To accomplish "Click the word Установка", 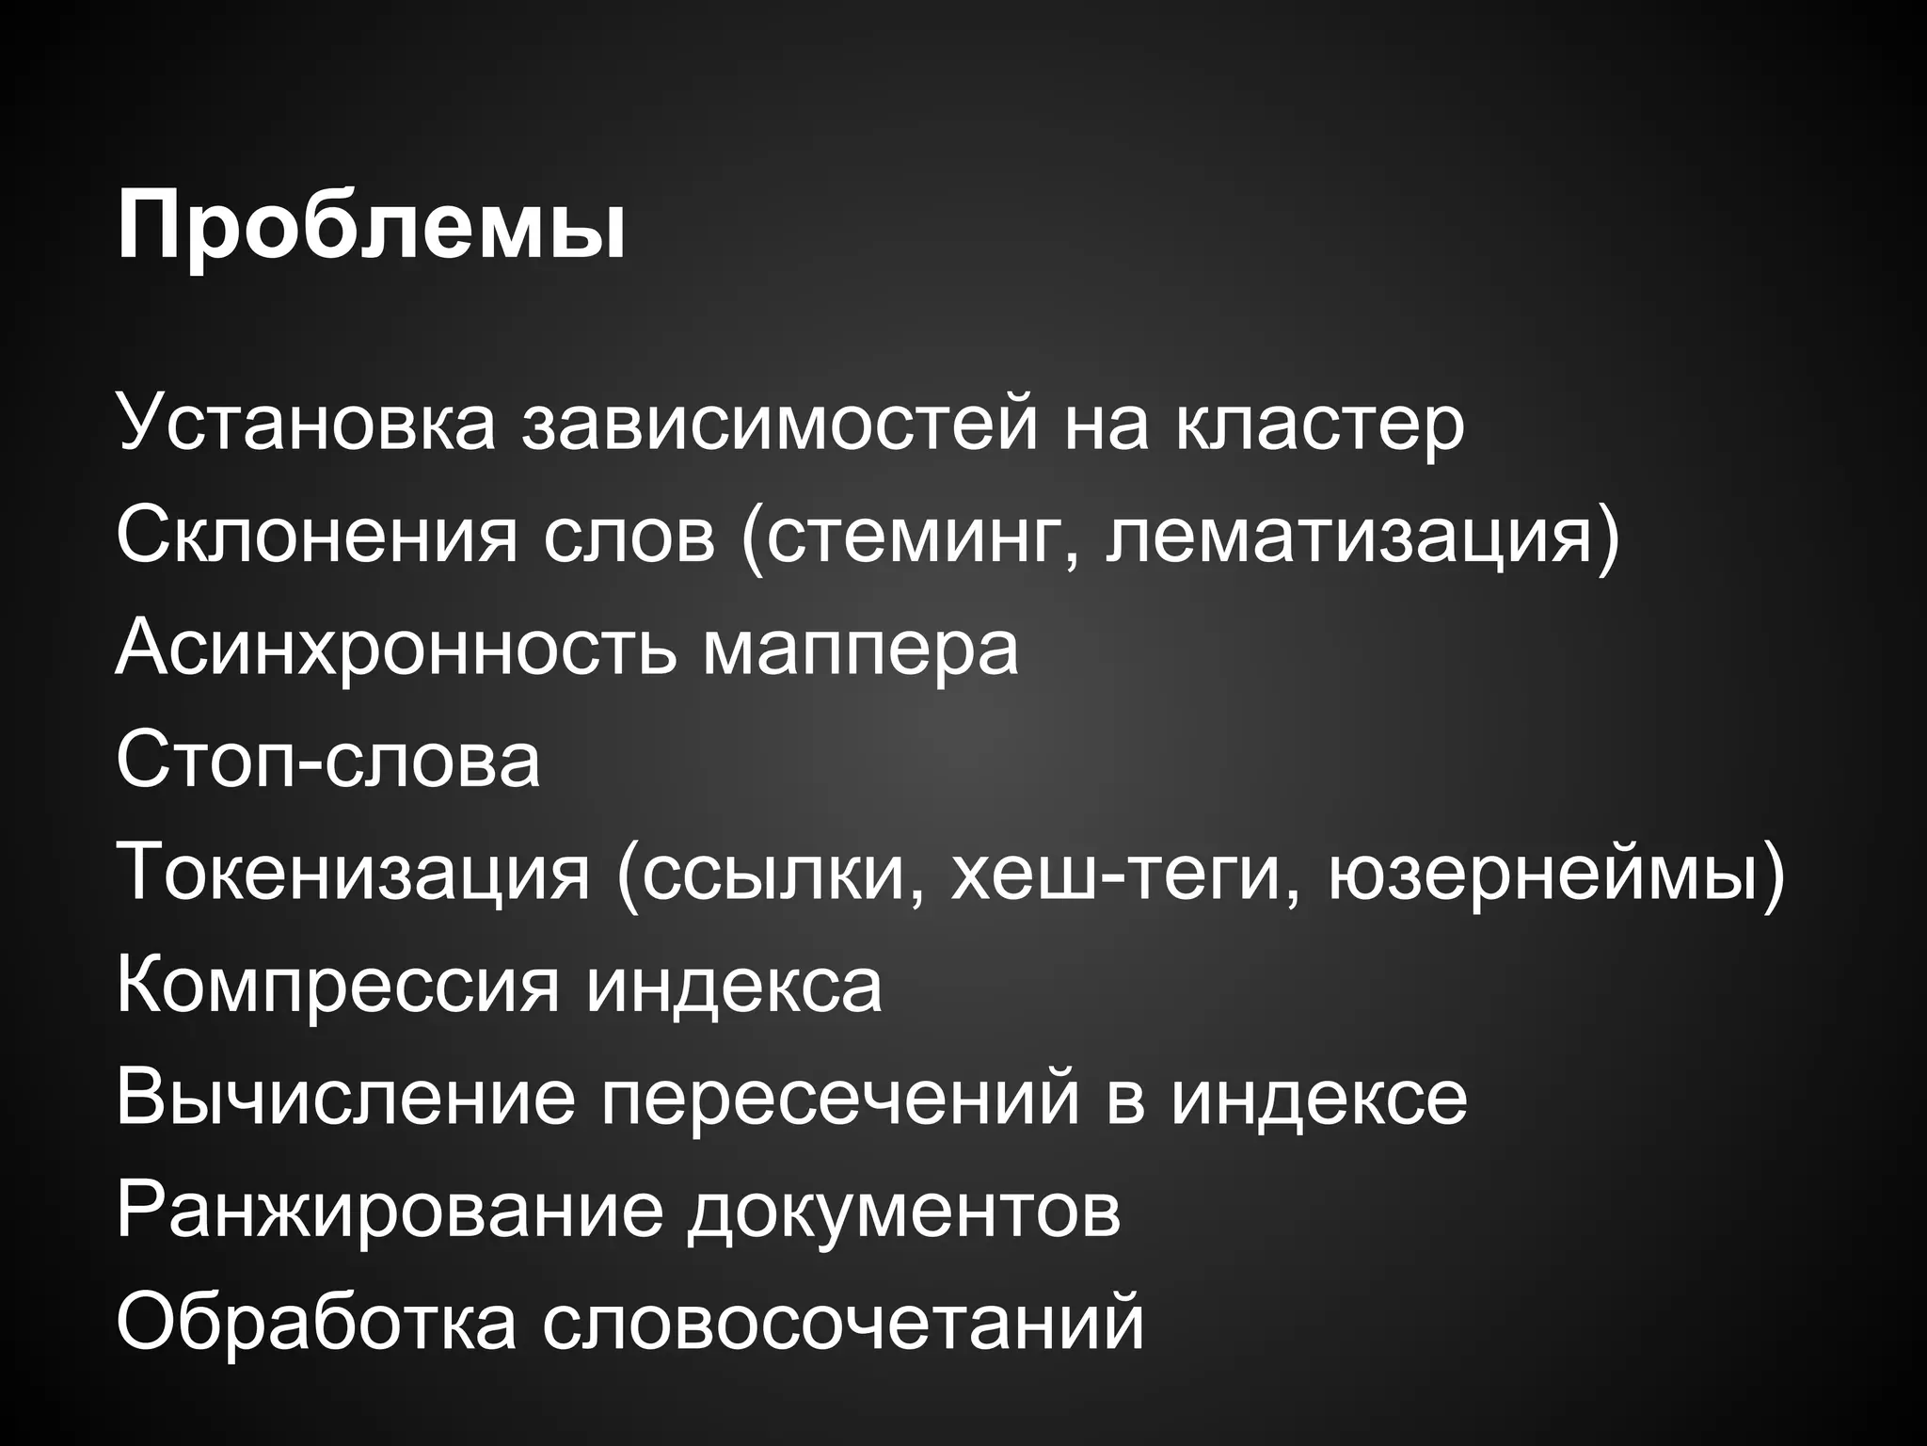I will pyautogui.click(x=306, y=424).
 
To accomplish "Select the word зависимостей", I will pyautogui.click(x=780, y=424).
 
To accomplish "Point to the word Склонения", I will pyautogui.click(x=316, y=536).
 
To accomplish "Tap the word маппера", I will pyautogui.click(x=860, y=650).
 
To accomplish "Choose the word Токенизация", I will pyautogui.click(x=352, y=873).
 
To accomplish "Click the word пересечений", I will pyautogui.click(x=839, y=1099).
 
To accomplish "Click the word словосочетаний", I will pyautogui.click(x=842, y=1323).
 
